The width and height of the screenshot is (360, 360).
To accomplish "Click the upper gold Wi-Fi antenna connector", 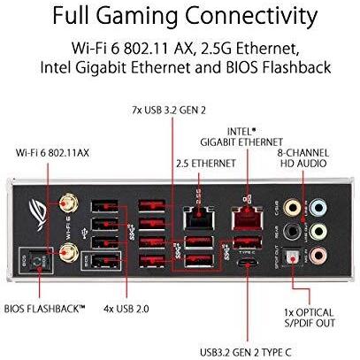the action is click(x=68, y=203).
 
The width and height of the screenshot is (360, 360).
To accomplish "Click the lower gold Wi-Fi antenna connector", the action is click(x=68, y=253).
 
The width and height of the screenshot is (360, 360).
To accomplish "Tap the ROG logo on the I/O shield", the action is click(x=38, y=212).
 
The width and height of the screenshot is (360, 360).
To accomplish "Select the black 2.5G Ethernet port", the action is click(x=198, y=218).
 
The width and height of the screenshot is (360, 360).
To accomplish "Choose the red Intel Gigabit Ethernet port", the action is click(x=247, y=218).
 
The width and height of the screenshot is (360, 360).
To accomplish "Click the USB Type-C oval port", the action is click(x=247, y=263).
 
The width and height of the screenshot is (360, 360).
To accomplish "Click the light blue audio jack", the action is click(x=318, y=208).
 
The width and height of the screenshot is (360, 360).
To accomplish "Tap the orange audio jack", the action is click(x=292, y=208).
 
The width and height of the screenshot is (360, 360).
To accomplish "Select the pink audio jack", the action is click(x=318, y=255).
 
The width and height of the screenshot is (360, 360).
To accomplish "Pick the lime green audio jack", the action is click(x=318, y=232).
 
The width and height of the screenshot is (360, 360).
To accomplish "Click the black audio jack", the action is click(x=292, y=232).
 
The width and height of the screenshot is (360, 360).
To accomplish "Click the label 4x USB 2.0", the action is click(x=126, y=309).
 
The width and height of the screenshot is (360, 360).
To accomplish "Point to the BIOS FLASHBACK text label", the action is click(x=44, y=309).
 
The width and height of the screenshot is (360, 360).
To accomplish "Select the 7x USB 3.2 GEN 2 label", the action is click(x=169, y=111).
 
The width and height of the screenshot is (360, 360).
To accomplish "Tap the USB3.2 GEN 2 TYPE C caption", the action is click(x=246, y=352).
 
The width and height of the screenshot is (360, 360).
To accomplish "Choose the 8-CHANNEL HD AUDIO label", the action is click(x=303, y=158).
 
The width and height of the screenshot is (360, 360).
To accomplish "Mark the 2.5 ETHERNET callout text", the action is click(x=206, y=164).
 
